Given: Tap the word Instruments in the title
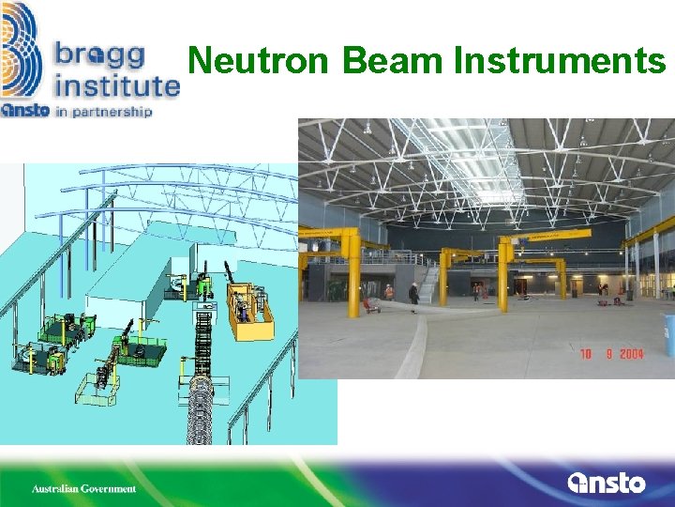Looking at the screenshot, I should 560,62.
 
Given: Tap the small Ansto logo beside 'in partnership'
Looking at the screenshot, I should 22,110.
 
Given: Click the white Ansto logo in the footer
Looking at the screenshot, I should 607,484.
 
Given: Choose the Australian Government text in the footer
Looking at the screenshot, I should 83,488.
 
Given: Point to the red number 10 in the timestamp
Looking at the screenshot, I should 584,354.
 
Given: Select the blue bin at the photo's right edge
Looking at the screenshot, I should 668,335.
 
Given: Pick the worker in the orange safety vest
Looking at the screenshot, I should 388,292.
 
